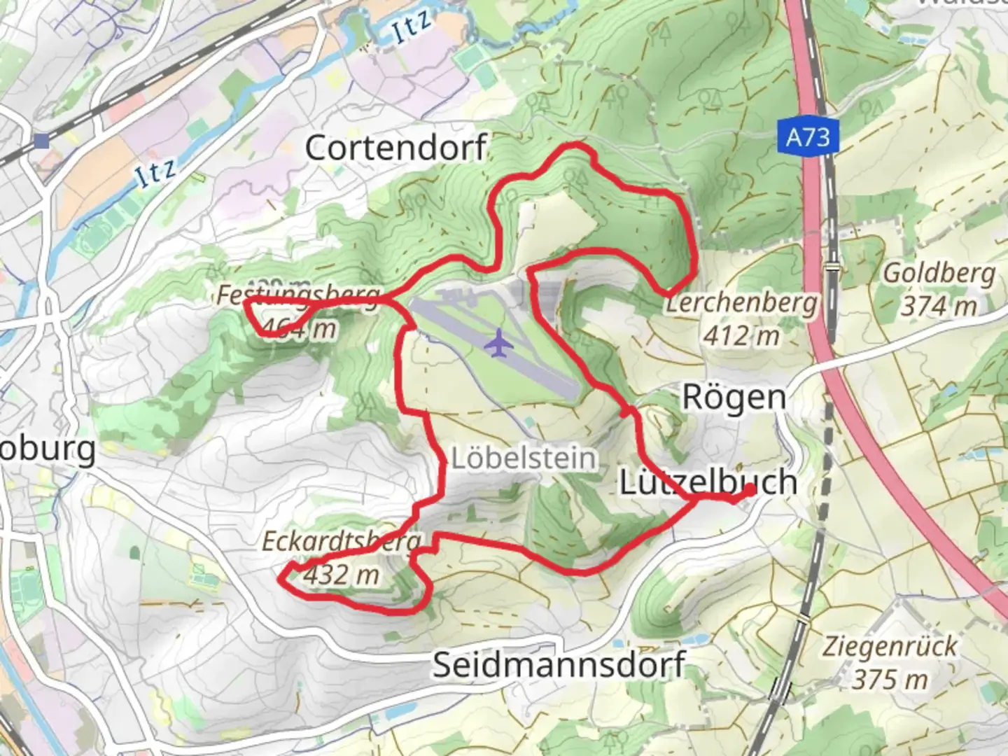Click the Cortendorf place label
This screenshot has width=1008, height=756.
pos(395,148)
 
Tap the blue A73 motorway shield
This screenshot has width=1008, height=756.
pos(807,136)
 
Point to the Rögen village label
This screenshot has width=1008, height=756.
pos(734,398)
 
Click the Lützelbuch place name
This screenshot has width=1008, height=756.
pos(708,482)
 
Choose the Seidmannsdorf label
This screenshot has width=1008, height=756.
pos(559,664)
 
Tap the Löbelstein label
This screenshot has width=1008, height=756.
pos(524,458)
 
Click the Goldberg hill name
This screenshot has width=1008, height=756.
pos(939,273)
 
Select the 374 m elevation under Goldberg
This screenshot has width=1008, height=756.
pos(939,306)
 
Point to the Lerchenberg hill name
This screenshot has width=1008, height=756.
pos(741,304)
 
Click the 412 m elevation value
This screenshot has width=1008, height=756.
pos(741,336)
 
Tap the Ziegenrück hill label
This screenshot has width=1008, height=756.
pos(889,646)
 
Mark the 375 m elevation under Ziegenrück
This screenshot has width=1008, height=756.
pos(890,679)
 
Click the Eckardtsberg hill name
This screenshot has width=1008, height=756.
pos(342,541)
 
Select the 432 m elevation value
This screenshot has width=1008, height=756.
pos(342,575)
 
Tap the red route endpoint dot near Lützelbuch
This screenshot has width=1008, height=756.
pos(748,491)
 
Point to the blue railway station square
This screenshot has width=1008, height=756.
pos(41,141)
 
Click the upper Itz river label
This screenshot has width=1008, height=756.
pos(411,28)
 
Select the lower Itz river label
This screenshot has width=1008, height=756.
pos(155,172)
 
